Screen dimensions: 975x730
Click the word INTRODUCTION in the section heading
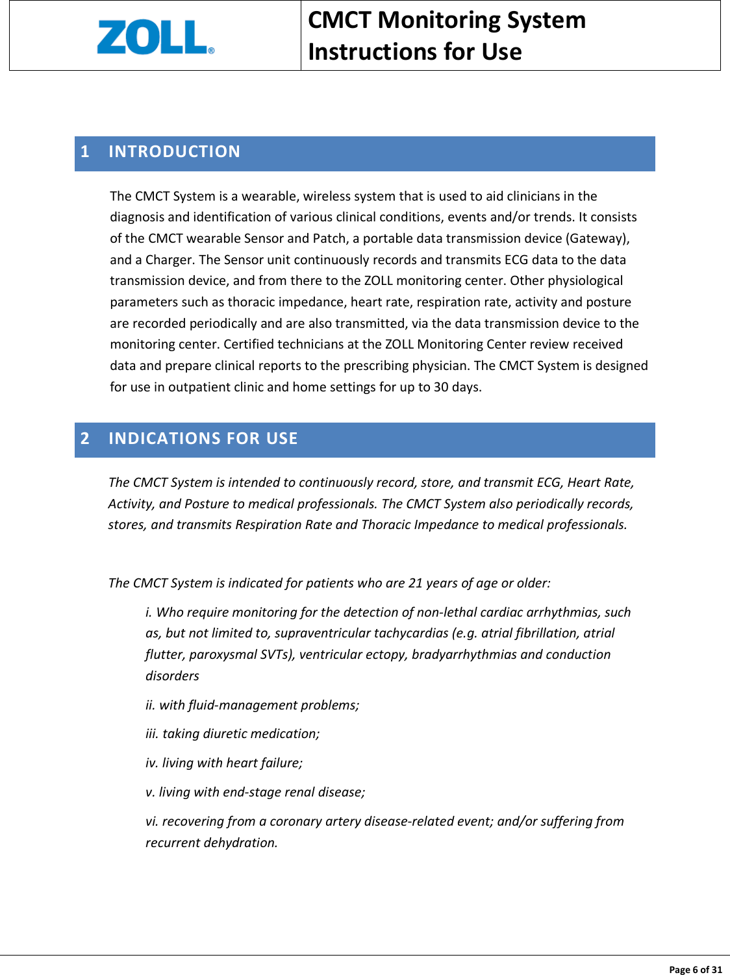174,152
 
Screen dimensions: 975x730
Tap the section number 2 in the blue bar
85,439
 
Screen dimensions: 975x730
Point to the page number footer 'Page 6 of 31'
695,969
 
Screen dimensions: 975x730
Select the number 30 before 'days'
441,387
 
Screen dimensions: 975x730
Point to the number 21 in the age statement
416,583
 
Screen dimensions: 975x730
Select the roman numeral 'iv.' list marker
152,763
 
